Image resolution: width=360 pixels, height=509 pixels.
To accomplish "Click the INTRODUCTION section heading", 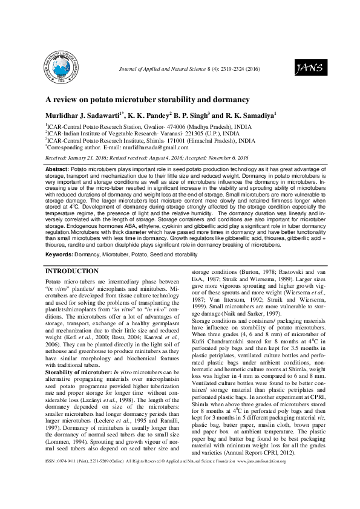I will tap(73, 271).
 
